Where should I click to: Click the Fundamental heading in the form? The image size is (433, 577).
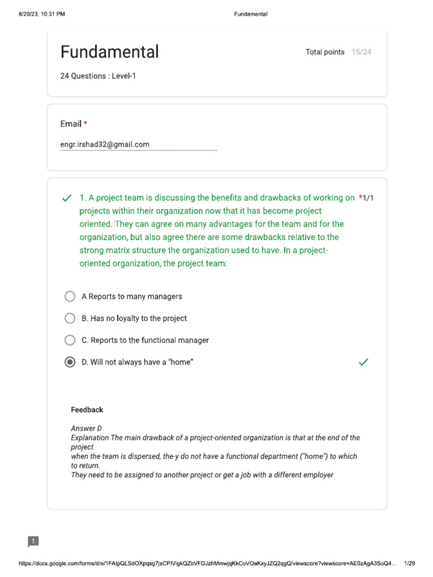pyautogui.click(x=109, y=52)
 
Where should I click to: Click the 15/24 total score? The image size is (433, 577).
pyautogui.click(x=361, y=52)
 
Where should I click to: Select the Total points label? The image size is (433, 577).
pyautogui.click(x=325, y=52)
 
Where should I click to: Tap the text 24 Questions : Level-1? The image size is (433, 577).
pyautogui.click(x=98, y=76)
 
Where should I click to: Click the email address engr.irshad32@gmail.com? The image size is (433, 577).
pyautogui.click(x=105, y=144)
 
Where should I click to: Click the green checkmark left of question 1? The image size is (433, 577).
pyautogui.click(x=67, y=198)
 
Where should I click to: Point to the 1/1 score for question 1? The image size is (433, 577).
pyautogui.click(x=368, y=198)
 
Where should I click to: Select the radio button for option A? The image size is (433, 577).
pyautogui.click(x=70, y=296)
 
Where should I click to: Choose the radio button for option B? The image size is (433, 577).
pyautogui.click(x=70, y=318)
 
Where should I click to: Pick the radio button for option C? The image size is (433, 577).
pyautogui.click(x=70, y=340)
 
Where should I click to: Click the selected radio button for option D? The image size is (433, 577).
pyautogui.click(x=70, y=362)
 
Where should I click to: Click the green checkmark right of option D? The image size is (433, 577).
pyautogui.click(x=364, y=362)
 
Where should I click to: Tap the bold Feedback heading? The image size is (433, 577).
pyautogui.click(x=87, y=410)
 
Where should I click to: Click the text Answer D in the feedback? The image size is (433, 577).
pyautogui.click(x=86, y=428)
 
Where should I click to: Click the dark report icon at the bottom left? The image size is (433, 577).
pyautogui.click(x=33, y=542)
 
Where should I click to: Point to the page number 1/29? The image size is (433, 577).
pyautogui.click(x=410, y=563)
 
